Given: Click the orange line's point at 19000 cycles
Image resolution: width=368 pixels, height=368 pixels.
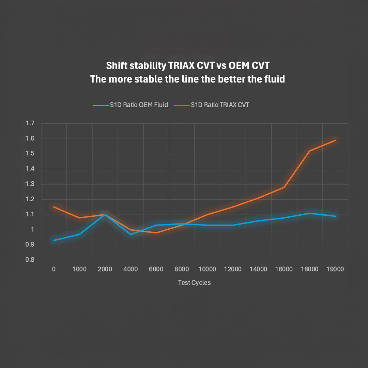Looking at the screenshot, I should point(335,140).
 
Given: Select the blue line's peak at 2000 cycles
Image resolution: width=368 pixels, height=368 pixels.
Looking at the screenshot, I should point(105,215).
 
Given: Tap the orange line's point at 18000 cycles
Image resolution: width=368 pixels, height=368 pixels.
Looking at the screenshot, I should point(309,151).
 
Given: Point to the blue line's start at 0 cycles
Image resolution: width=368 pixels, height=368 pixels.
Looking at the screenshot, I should point(54,240).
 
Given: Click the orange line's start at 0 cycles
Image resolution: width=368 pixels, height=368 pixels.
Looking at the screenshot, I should point(54,207).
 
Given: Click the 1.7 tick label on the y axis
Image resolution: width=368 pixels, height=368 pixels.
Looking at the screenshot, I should point(30,123).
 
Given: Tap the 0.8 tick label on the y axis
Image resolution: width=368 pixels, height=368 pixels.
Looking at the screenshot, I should point(30,260).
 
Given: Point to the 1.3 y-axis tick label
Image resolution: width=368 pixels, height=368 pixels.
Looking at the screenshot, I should point(30,184).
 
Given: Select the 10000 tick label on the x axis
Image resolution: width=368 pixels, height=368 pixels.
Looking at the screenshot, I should point(207,269).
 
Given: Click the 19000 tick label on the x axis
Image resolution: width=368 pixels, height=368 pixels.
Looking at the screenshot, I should point(335,269).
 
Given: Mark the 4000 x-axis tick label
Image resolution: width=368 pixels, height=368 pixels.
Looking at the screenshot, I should point(131,269).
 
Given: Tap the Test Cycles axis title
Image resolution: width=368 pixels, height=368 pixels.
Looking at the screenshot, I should point(194,283).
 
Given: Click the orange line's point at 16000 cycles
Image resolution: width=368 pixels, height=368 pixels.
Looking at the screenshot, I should point(284,187).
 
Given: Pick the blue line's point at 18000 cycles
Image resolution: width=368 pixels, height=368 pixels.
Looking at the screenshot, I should point(309,213).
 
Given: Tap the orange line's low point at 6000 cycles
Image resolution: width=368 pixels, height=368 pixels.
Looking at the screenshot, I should point(156,233).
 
